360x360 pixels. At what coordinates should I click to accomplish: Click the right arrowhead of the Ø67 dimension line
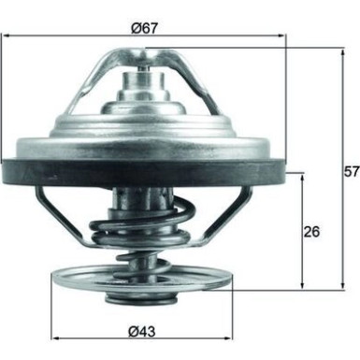point(280,37)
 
